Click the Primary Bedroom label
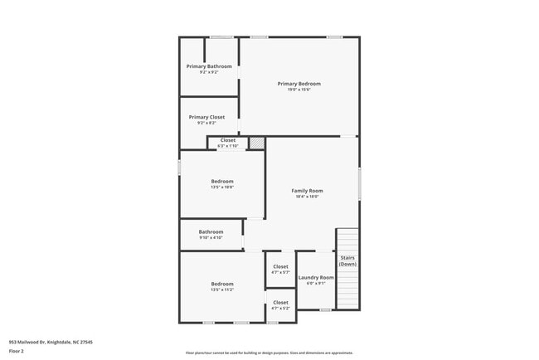[299, 84]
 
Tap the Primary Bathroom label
[209, 66]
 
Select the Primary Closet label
[206, 117]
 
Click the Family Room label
[307, 191]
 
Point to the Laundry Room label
[316, 277]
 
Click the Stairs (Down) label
[347, 260]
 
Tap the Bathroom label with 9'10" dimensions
[211, 231]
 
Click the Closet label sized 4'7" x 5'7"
[280, 266]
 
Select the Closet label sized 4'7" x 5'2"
[280, 302]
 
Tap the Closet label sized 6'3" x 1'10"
[227, 140]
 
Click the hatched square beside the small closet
[258, 143]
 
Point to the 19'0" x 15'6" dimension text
[299, 90]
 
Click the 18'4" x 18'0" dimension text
[307, 197]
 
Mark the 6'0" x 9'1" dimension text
[316, 283]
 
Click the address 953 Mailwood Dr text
[51, 342]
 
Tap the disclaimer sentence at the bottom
[269, 352]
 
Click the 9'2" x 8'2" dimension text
[206, 123]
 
